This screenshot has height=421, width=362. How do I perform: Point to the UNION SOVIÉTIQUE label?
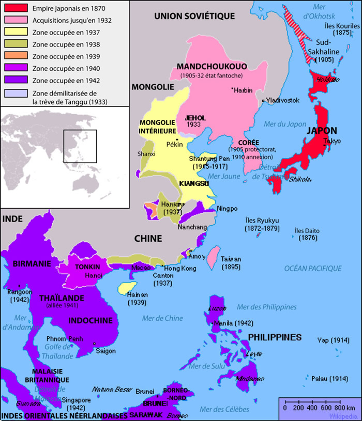(194, 17)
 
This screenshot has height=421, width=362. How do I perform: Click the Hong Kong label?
(180, 269)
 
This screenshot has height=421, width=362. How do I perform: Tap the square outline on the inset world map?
(80, 146)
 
